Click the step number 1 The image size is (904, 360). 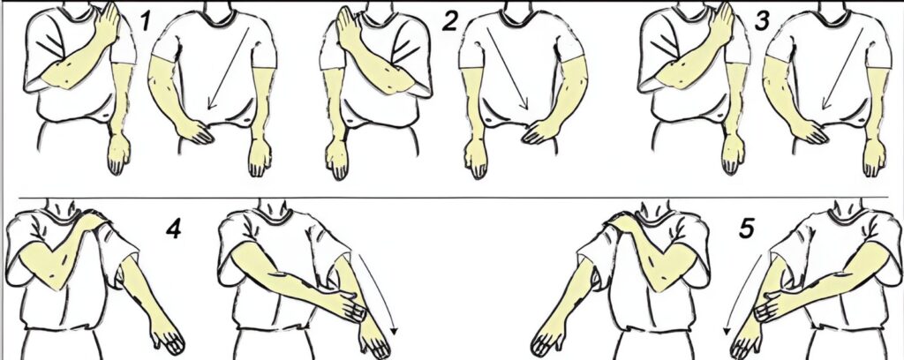(146, 22)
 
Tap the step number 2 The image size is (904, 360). (449, 22)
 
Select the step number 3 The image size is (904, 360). (762, 22)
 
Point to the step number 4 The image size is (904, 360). (173, 229)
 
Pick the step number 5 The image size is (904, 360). (746, 229)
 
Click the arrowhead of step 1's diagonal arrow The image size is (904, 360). (211, 104)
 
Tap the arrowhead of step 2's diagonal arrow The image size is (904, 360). (524, 104)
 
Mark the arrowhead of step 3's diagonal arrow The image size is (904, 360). (825, 104)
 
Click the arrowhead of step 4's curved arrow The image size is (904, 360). (394, 330)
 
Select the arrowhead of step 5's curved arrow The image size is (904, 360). (727, 330)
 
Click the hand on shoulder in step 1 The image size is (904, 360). (107, 23)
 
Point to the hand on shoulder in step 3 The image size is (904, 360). (721, 23)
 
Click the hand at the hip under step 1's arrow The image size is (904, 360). (197, 131)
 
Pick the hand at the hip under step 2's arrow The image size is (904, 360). (540, 131)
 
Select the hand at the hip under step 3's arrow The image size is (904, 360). (811, 131)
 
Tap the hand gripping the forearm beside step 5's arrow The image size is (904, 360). (770, 305)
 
